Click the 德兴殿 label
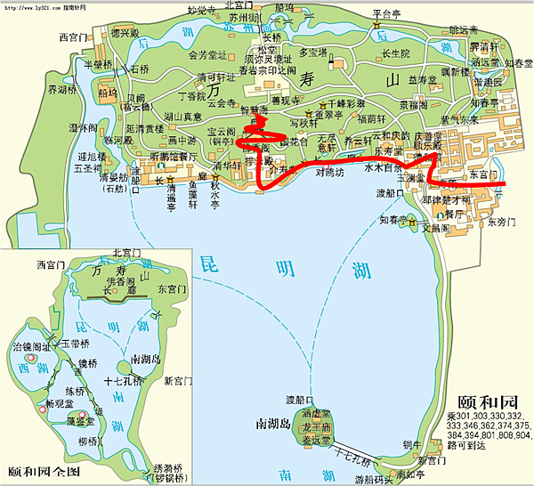[125, 33]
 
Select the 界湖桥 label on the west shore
[63, 90]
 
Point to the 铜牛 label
[410, 444]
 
